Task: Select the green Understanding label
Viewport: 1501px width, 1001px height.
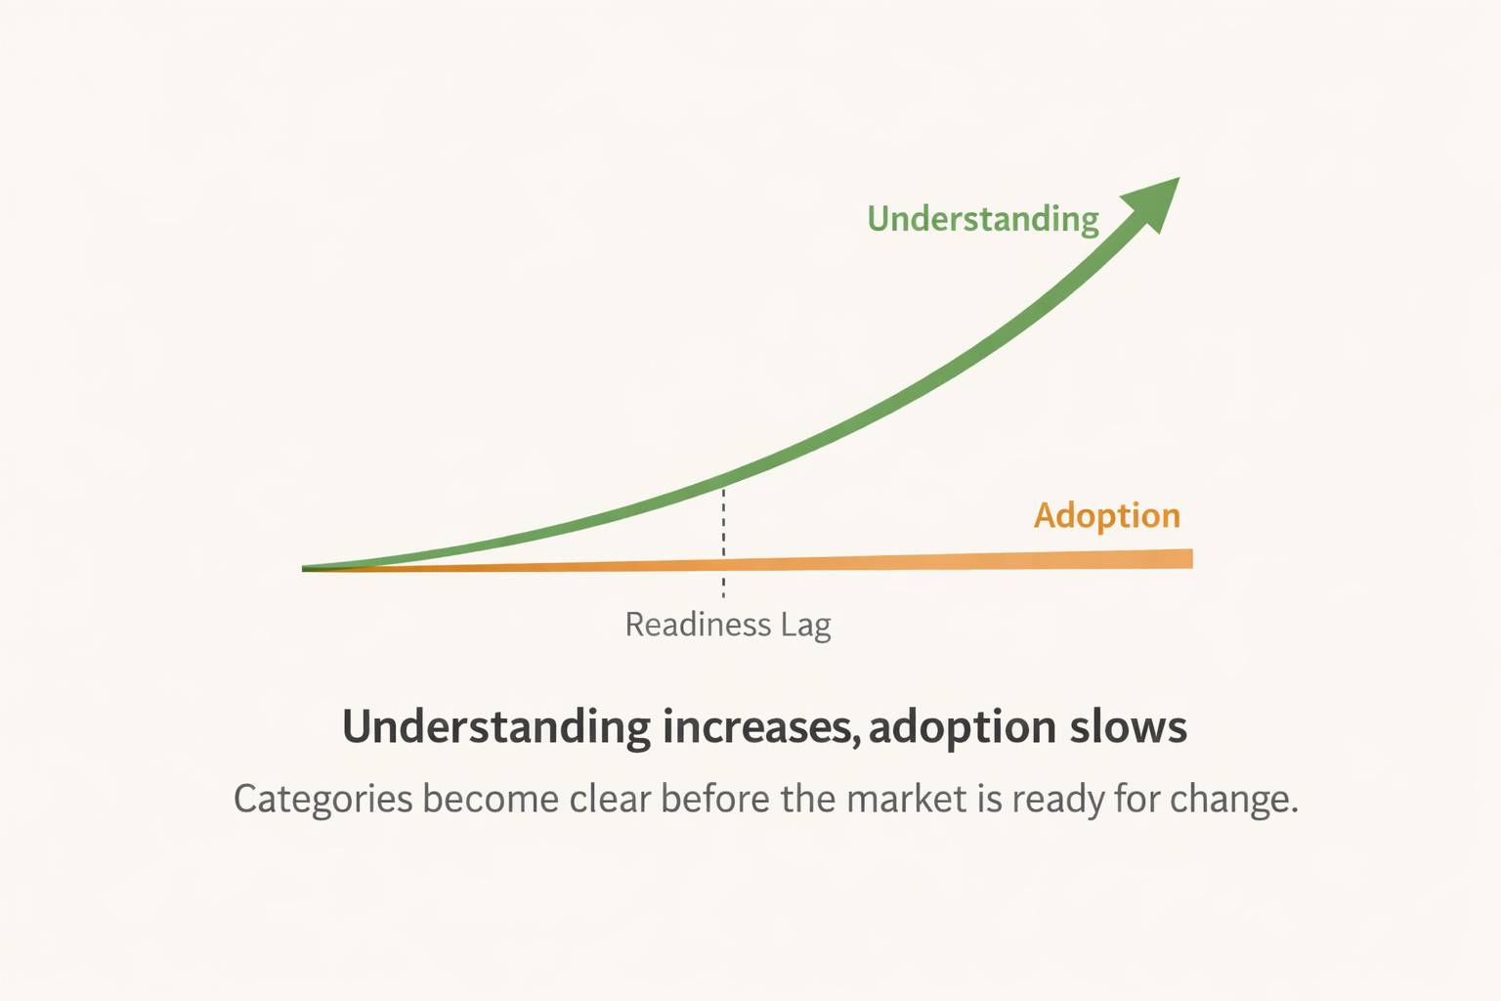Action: pos(983,219)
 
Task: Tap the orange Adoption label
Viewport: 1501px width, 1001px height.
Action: pos(1107,515)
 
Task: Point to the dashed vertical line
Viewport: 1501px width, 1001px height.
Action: pos(723,544)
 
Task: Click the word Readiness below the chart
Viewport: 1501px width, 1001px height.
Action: pos(698,625)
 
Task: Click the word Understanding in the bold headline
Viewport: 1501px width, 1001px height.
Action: pos(495,727)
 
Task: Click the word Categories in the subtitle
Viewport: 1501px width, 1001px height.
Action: pos(323,800)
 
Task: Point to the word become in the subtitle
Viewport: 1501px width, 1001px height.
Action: pos(491,799)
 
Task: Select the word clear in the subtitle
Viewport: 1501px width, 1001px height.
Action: pos(611,799)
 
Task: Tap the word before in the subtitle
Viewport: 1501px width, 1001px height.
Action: pos(715,799)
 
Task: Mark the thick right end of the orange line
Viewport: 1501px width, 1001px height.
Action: pos(1191,558)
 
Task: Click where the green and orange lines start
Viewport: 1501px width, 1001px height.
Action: pos(304,569)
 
